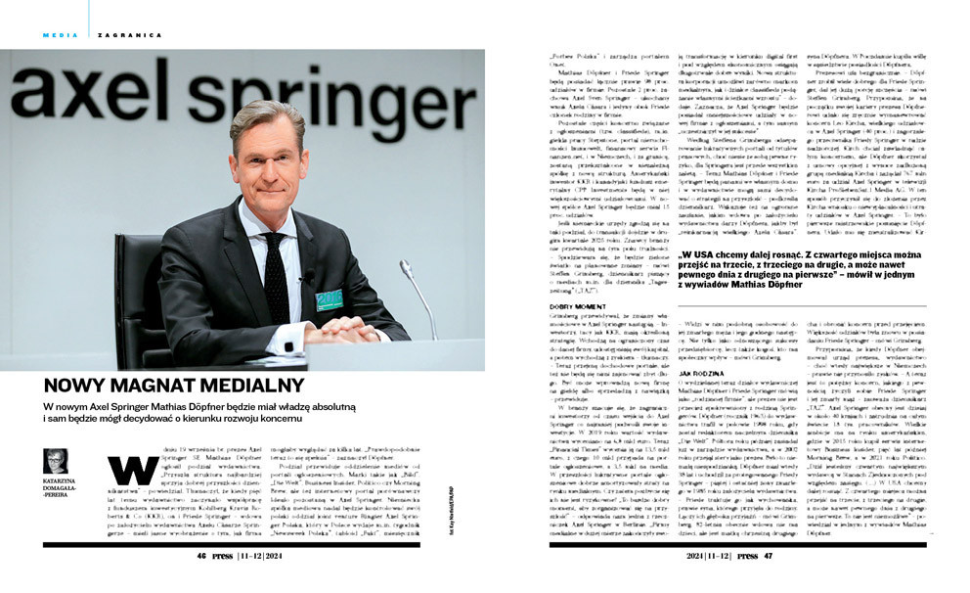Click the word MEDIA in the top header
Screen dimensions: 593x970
59,35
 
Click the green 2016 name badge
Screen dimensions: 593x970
330,298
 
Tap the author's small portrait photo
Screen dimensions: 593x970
56,461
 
